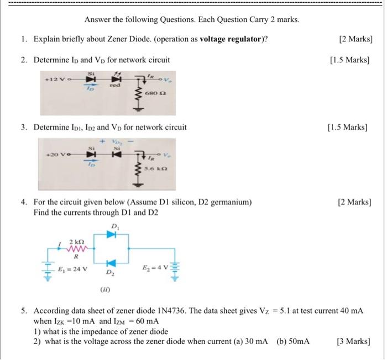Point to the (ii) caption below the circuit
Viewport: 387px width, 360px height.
[x=105, y=289]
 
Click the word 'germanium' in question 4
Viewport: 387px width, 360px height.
[x=231, y=203]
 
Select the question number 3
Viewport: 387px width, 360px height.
[x=24, y=128]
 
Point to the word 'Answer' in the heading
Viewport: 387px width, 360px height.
[x=97, y=20]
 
